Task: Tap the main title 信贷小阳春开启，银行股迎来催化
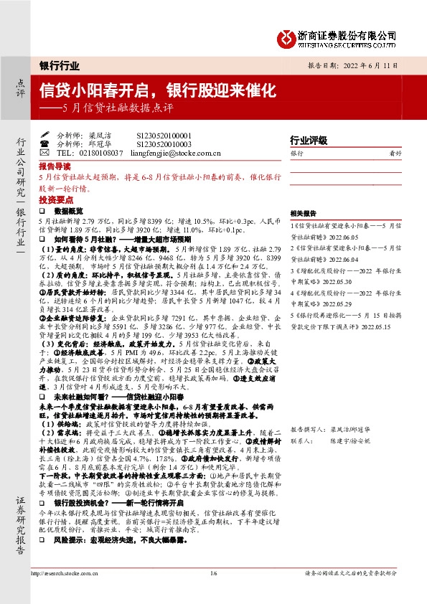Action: point(157,90)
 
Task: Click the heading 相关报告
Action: point(303,214)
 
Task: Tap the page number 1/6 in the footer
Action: point(213,593)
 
